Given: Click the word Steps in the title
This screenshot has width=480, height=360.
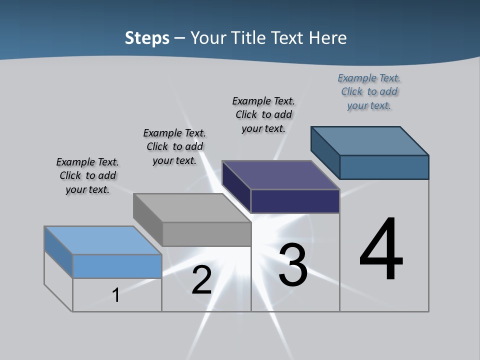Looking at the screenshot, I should pyautogui.click(x=147, y=38).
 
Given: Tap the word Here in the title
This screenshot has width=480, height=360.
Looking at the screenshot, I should pyautogui.click(x=327, y=38).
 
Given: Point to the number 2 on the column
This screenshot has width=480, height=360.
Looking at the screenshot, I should pyautogui.click(x=201, y=280).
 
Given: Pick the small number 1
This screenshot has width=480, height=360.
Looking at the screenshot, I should pyautogui.click(x=116, y=295).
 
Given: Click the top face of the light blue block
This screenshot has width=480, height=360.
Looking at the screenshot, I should pyautogui.click(x=102, y=240).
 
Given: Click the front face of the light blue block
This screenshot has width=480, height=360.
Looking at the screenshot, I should pyautogui.click(x=117, y=266).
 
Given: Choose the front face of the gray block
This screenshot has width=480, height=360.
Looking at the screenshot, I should pyautogui.click(x=206, y=234).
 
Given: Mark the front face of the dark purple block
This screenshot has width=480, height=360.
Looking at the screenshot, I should pyautogui.click(x=295, y=201).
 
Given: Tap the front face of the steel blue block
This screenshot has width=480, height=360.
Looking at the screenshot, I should pyautogui.click(x=384, y=167).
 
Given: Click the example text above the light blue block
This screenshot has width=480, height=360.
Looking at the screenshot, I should pyautogui.click(x=87, y=175).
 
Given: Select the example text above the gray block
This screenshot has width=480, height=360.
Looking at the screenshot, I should pyautogui.click(x=174, y=146).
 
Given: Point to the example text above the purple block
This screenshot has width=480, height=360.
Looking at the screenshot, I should pyautogui.click(x=263, y=114).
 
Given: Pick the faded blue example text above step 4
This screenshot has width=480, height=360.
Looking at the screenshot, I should pyautogui.click(x=369, y=91).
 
